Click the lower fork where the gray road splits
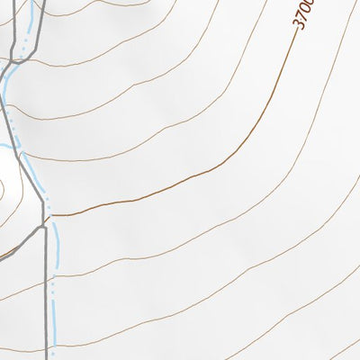[x=44, y=226]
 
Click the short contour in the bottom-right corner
[x=346, y=349]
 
